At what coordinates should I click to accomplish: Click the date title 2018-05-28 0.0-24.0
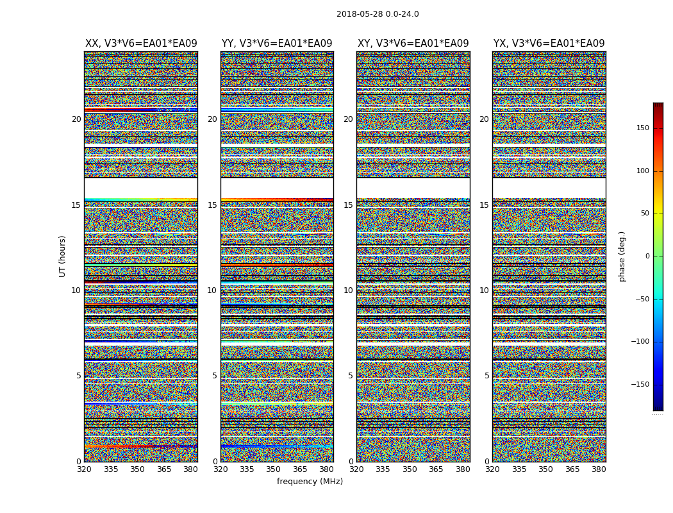[378, 14]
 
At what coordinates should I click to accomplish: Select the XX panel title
[141, 44]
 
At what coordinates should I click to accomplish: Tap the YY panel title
[277, 44]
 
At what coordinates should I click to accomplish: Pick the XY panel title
[413, 44]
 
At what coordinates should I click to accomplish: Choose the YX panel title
[549, 44]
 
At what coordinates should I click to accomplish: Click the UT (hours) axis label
[63, 256]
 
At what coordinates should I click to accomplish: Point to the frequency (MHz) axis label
[310, 482]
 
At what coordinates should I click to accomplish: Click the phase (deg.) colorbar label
[622, 256]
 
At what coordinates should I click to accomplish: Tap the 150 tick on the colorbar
[642, 128]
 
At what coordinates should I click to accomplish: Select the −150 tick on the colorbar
[641, 385]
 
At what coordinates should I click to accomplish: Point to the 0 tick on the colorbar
[647, 256]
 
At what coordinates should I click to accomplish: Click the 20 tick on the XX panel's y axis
[76, 119]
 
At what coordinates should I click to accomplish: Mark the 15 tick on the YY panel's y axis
[212, 205]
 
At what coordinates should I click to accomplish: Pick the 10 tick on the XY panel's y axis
[348, 290]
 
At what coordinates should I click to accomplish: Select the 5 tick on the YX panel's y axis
[486, 376]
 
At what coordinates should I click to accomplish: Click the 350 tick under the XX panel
[137, 469]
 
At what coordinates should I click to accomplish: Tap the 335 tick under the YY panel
[247, 469]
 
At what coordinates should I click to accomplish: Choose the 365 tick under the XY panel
[436, 469]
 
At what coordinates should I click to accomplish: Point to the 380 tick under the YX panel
[599, 469]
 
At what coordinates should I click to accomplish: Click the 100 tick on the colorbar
[642, 171]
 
